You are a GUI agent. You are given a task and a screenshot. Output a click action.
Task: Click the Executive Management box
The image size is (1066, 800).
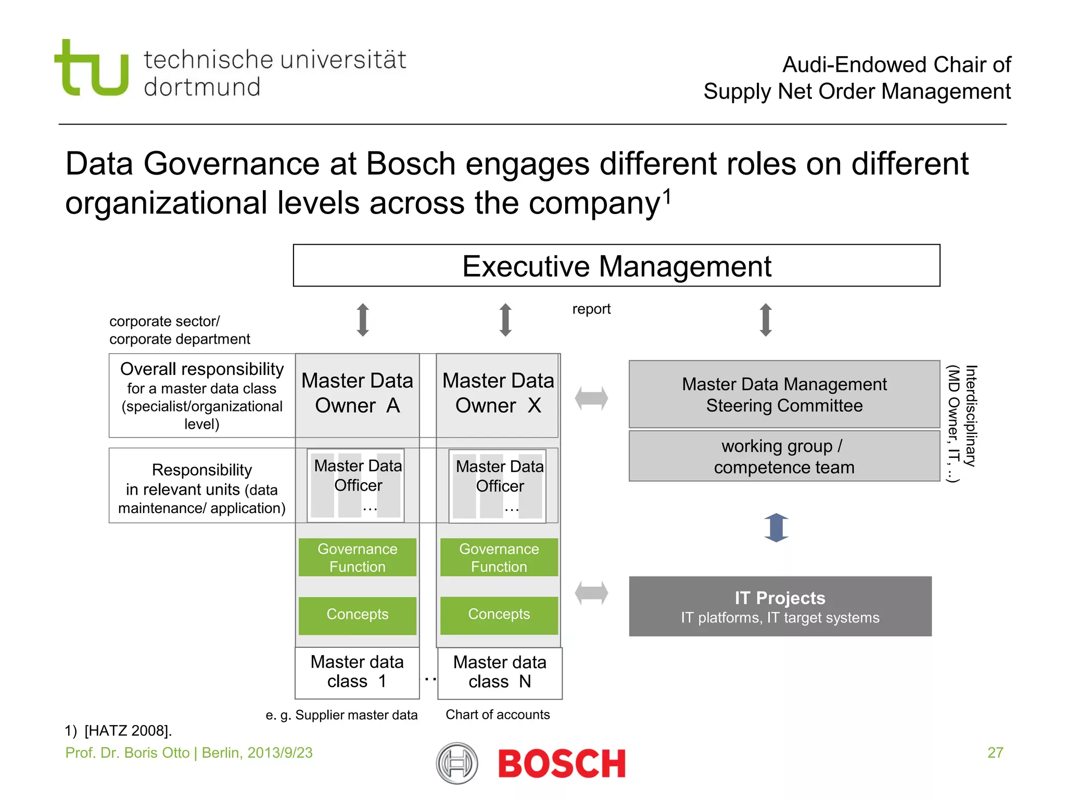click(x=616, y=266)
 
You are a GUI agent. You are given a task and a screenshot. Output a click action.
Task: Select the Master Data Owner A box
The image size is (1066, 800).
click(x=357, y=394)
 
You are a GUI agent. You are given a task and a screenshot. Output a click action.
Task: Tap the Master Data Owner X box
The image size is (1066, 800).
click(x=498, y=394)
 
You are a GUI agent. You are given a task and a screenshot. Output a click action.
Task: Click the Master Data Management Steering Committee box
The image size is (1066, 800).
click(x=784, y=394)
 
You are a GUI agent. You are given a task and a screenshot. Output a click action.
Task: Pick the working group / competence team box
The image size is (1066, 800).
click(x=784, y=456)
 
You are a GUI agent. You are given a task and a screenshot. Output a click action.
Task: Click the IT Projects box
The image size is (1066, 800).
click(x=780, y=606)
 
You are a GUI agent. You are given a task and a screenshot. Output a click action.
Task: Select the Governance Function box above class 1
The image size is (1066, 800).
click(x=357, y=557)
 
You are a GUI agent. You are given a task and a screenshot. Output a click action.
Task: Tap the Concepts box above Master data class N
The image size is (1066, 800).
click(x=499, y=615)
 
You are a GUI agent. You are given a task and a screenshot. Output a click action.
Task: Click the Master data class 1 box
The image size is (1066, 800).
click(x=357, y=672)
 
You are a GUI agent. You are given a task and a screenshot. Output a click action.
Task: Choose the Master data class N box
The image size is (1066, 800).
click(x=500, y=672)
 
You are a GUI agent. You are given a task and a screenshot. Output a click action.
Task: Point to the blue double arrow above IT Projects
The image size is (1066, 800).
click(x=776, y=527)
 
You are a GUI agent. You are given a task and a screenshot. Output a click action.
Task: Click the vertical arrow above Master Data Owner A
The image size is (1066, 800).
click(x=363, y=320)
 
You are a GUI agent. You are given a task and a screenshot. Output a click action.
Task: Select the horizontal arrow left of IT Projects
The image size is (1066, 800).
click(x=591, y=593)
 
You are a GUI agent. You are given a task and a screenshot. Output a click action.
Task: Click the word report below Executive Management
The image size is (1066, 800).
click(x=591, y=309)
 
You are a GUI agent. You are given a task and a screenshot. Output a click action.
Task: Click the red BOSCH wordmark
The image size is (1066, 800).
click(x=562, y=764)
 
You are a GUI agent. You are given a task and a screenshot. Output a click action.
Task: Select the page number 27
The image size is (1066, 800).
click(x=995, y=753)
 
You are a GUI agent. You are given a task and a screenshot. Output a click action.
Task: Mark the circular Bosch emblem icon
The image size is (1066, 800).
click(x=456, y=764)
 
